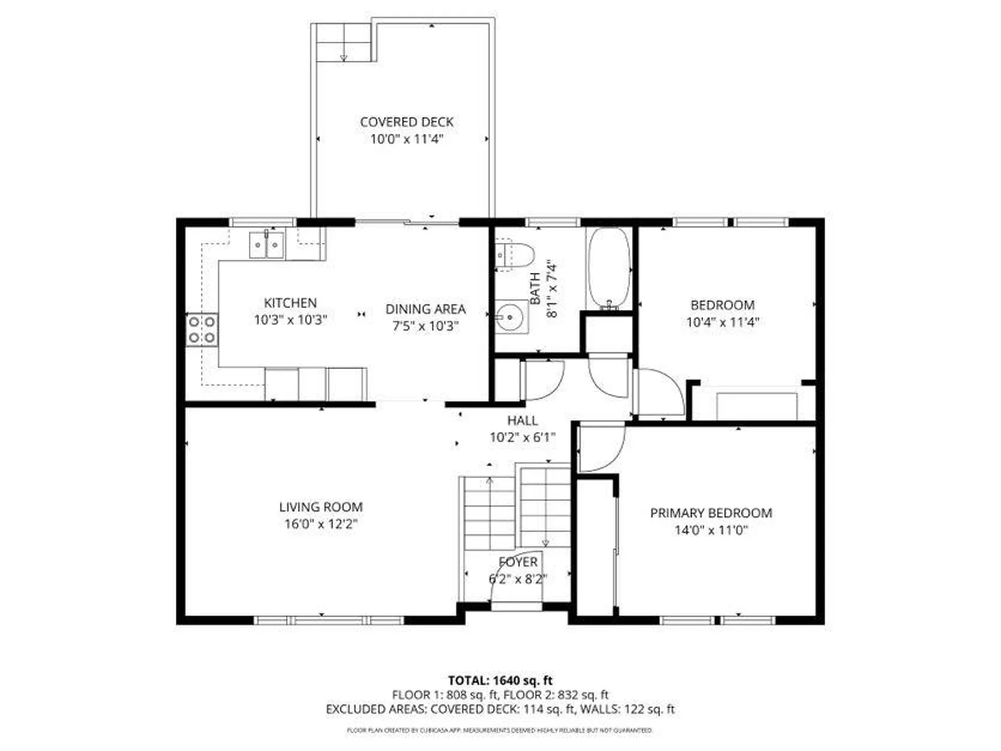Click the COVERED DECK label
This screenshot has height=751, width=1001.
pyautogui.click(x=407, y=122)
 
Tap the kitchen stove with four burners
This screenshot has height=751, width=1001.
pyautogui.click(x=202, y=329)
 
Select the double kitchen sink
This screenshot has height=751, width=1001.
pyautogui.click(x=266, y=245)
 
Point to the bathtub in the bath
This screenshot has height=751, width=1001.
pyautogui.click(x=608, y=268)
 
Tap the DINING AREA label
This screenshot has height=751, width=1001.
pyautogui.click(x=425, y=309)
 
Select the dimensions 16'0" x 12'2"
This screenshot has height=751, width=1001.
pyautogui.click(x=321, y=524)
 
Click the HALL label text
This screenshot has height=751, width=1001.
pyautogui.click(x=522, y=420)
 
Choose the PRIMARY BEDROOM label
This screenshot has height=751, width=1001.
pyautogui.click(x=711, y=513)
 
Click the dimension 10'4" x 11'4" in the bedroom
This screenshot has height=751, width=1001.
pyautogui.click(x=722, y=322)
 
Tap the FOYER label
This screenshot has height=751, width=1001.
pyautogui.click(x=518, y=562)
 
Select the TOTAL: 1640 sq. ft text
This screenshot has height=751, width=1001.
pyautogui.click(x=500, y=681)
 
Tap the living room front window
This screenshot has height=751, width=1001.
pyautogui.click(x=329, y=620)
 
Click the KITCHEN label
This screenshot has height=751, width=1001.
pyautogui.click(x=290, y=302)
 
